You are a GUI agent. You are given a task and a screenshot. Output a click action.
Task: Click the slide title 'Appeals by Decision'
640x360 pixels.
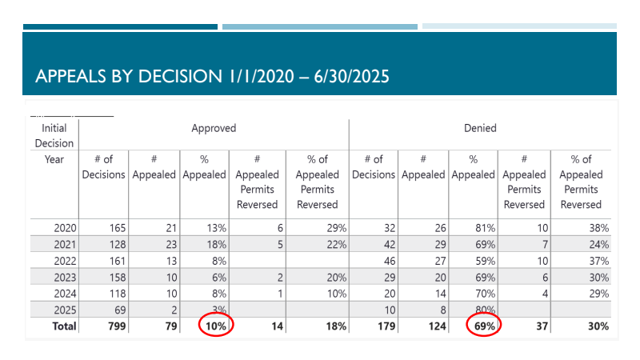[x=213, y=77]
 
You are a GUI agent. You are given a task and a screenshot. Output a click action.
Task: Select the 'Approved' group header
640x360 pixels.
[x=214, y=128]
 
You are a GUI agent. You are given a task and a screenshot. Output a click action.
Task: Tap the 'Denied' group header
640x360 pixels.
[x=480, y=128]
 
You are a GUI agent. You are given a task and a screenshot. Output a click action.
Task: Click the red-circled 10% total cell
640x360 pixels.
[x=214, y=326]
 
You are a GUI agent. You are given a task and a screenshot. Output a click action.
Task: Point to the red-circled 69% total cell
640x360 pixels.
[x=482, y=326]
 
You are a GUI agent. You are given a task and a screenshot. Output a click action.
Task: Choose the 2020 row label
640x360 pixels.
[x=65, y=228]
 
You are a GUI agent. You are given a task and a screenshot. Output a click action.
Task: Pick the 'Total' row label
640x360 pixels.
[x=63, y=326]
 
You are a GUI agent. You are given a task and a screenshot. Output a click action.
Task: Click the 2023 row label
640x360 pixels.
[x=65, y=278]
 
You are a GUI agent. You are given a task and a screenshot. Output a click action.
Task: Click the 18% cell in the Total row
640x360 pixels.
[x=335, y=326]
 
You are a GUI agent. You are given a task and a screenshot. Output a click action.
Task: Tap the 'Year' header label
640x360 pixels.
[x=54, y=159]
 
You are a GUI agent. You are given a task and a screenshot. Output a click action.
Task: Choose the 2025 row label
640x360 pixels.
[x=65, y=310]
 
